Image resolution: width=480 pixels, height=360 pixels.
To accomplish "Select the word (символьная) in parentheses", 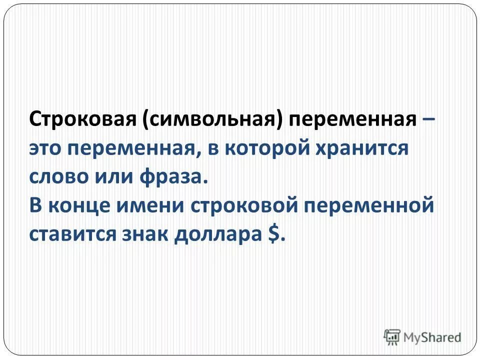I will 212,121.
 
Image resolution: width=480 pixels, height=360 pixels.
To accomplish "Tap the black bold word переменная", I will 353,121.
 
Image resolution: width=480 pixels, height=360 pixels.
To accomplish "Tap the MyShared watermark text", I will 432,337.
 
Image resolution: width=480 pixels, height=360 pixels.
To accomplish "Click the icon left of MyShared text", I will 392,337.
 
